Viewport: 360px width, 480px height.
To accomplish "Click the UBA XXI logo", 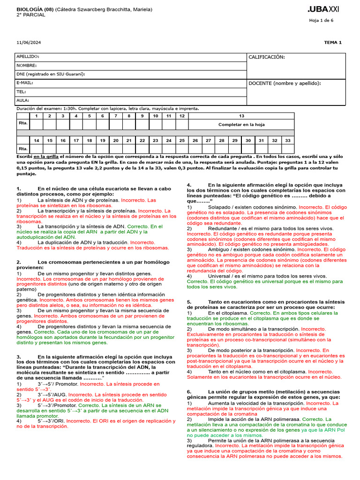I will click(x=323, y=9).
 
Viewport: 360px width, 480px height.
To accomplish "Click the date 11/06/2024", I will click(x=29, y=43).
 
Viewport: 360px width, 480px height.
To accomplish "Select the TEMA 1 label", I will click(x=333, y=43).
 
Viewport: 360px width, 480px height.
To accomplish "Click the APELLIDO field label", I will click(x=28, y=57).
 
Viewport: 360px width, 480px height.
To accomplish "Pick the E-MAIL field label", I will click(x=25, y=83).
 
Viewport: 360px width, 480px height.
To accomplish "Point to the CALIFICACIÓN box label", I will click(x=266, y=57).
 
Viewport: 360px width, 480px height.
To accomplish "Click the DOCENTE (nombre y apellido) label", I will click(x=285, y=83).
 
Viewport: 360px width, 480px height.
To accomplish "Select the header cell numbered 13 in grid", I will click(x=241, y=116).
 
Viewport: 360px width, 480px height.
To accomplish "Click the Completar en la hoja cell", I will click(x=241, y=125).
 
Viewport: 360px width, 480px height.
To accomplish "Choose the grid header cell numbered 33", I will click(x=287, y=140).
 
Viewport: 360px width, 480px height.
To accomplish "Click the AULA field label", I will click(x=23, y=100).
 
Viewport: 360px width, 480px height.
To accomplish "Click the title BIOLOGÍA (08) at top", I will click(x=35, y=9).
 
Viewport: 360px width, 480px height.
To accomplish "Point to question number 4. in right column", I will click(x=189, y=185).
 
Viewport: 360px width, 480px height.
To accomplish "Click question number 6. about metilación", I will click(x=189, y=391).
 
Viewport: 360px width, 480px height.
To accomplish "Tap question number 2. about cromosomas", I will click(x=19, y=262).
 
